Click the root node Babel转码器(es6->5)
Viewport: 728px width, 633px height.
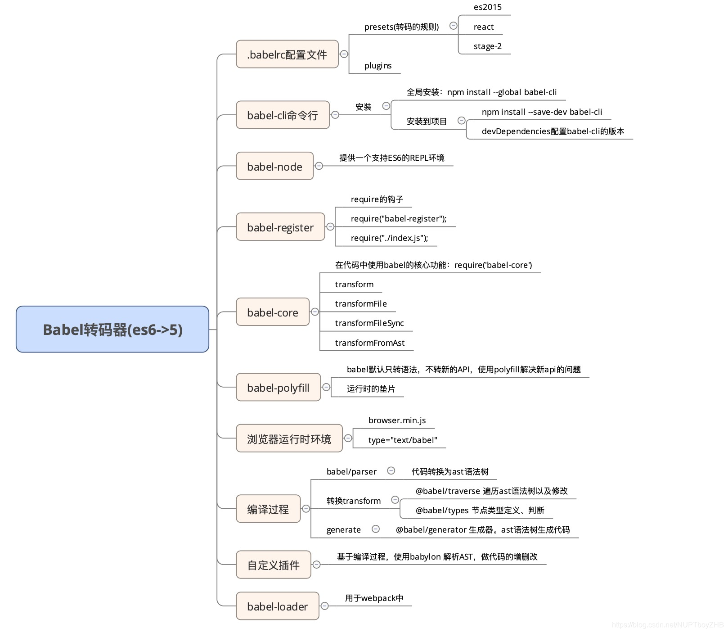point(112,329)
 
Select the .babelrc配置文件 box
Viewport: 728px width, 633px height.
point(287,54)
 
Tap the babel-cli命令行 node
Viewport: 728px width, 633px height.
point(283,115)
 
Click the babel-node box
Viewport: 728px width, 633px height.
point(274,167)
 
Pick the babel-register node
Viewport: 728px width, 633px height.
point(280,227)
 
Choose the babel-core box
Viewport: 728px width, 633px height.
point(273,312)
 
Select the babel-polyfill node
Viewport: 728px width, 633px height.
point(278,387)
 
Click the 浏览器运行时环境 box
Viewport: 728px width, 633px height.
point(289,439)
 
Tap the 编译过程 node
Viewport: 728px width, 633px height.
point(268,509)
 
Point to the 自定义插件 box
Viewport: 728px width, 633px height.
point(274,565)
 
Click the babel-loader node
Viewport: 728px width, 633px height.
point(277,606)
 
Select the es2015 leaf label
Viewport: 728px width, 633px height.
point(487,7)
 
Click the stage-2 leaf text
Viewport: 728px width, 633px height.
point(487,46)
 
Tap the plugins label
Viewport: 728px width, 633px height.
point(378,66)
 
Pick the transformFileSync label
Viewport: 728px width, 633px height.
point(369,323)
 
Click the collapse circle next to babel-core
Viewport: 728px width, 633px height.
point(315,312)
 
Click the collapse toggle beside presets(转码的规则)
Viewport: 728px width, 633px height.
point(454,26)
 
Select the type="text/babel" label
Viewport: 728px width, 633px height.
point(403,440)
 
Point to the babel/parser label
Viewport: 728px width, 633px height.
point(351,472)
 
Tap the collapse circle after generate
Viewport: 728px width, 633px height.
point(376,529)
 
